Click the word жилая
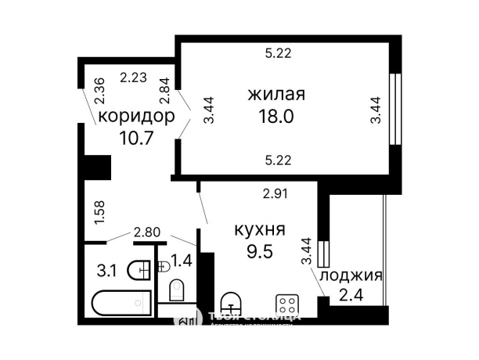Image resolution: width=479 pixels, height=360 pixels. pyautogui.click(x=276, y=95)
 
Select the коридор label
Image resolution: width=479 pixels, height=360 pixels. pyautogui.click(x=135, y=117)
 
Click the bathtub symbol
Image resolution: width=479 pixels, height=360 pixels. pyautogui.click(x=120, y=303)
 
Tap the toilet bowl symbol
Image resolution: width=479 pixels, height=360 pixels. pyautogui.click(x=177, y=290)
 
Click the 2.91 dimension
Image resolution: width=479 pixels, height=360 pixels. pyautogui.click(x=276, y=193)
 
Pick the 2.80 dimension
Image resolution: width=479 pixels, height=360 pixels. pyautogui.click(x=146, y=232)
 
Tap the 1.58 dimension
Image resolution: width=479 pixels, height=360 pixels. pyautogui.click(x=99, y=213)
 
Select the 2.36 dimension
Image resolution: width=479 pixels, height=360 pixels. pyautogui.click(x=99, y=92)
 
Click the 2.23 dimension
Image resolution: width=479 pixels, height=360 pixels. pyautogui.click(x=133, y=77)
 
